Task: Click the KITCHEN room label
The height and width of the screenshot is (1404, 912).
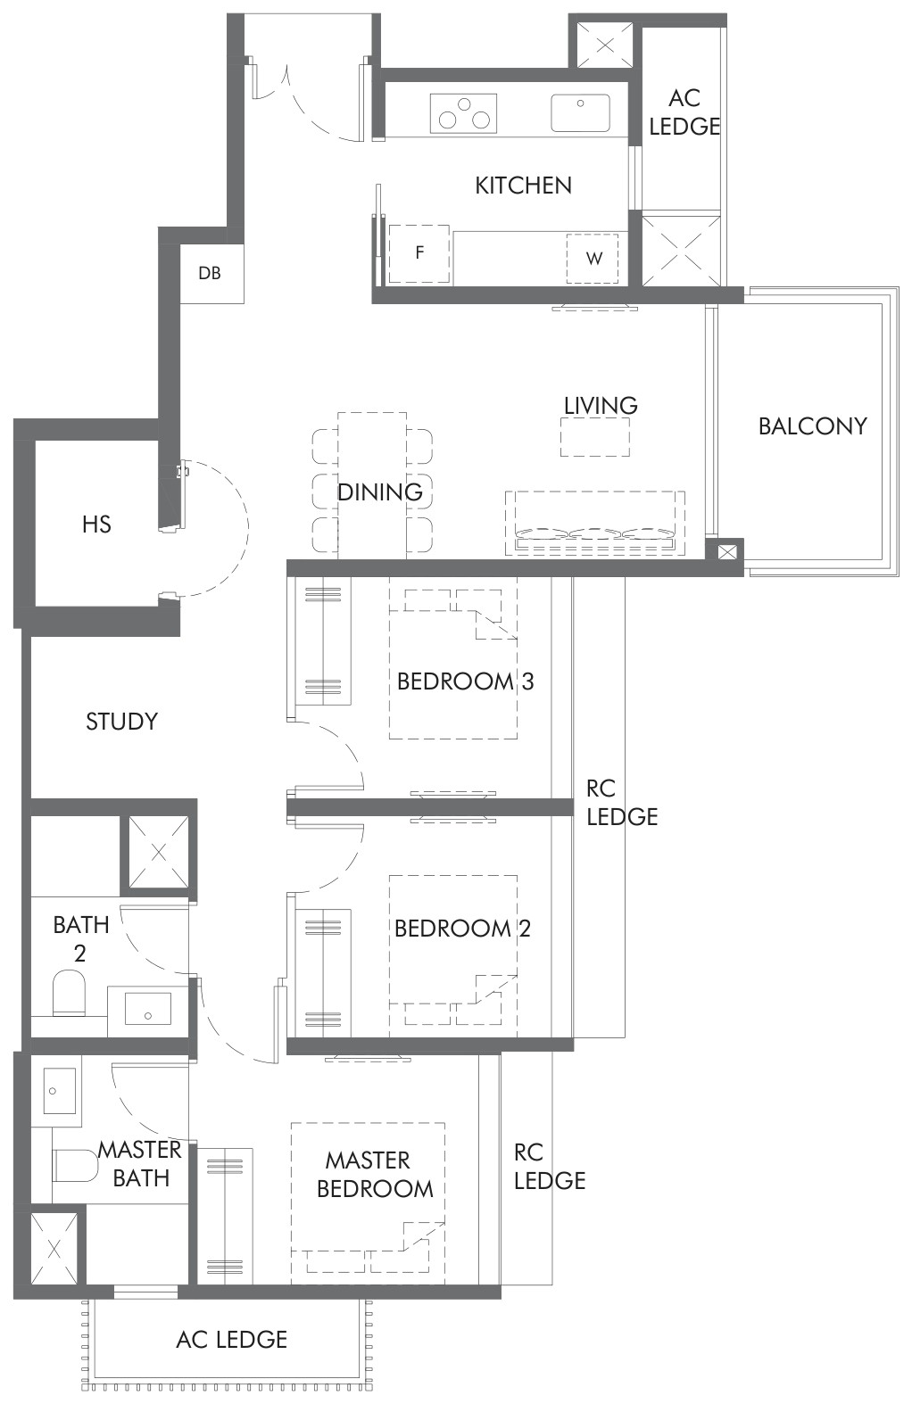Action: [523, 186]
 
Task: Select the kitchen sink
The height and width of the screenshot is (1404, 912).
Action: [581, 112]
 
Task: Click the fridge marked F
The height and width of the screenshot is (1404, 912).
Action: [419, 254]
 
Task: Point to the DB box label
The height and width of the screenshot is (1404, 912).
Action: [210, 273]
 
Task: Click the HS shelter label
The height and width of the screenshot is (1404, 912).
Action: [96, 524]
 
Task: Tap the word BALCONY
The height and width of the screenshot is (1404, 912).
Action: [812, 426]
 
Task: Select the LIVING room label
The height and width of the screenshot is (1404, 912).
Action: [601, 406]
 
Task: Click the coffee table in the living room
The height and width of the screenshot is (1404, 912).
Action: [594, 437]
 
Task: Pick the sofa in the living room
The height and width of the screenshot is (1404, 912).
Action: [594, 524]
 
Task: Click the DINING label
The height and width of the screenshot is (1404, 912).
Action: [379, 492]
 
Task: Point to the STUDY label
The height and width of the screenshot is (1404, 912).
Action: [121, 722]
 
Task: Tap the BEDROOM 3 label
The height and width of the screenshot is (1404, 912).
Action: [465, 681]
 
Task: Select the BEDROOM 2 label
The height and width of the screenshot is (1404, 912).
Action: [462, 929]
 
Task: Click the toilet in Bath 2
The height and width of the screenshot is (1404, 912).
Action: [69, 993]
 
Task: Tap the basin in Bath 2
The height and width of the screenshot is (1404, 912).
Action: [148, 1010]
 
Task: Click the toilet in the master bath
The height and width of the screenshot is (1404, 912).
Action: [75, 1165]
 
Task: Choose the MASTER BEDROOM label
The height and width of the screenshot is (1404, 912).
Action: [375, 1174]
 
